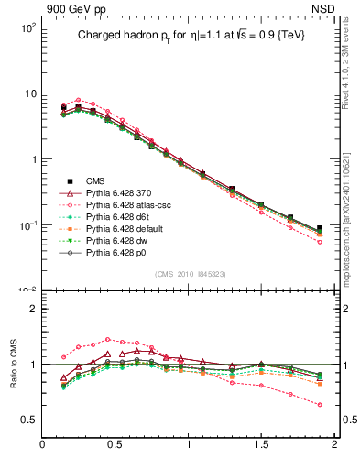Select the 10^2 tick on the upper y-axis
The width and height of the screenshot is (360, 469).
[27, 27]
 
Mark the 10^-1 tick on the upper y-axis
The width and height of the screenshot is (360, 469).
[27, 224]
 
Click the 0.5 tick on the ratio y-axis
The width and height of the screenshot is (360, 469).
[29, 420]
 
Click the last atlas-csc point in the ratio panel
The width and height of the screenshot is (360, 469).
[320, 404]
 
